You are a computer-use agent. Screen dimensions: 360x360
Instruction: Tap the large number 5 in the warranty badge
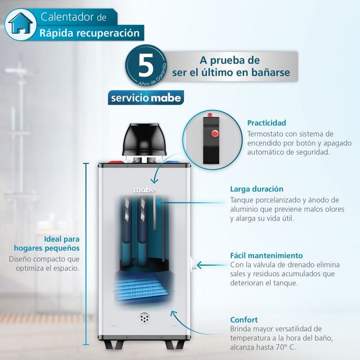146,65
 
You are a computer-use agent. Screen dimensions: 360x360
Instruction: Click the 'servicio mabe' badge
146,98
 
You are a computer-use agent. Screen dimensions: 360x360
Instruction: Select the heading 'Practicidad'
266,123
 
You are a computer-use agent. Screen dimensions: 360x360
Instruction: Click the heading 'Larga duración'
256,189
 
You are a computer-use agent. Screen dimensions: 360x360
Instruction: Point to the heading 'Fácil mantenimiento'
266,256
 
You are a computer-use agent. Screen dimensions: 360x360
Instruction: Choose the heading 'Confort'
244,320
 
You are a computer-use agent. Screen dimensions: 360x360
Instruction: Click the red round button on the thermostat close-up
215,133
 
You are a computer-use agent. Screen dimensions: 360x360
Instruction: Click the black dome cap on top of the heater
144,139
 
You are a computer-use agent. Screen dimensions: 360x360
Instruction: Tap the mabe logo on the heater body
144,190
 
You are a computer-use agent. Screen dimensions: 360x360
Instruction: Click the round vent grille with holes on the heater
144,318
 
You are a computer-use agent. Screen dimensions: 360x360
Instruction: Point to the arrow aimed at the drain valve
211,265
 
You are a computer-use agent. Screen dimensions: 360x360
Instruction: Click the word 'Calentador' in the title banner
67,17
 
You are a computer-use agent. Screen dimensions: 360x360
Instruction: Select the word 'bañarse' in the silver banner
271,72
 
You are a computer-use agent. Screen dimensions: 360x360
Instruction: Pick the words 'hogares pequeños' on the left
47,248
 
